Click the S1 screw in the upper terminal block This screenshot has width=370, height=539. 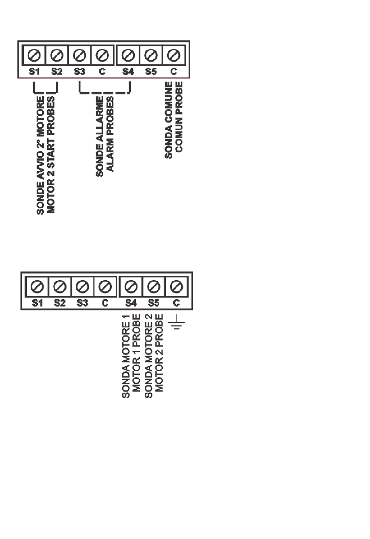click(x=34, y=55)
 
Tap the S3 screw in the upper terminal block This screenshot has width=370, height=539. click(x=79, y=55)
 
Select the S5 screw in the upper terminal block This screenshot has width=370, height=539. click(x=151, y=55)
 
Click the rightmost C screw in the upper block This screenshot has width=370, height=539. click(x=174, y=55)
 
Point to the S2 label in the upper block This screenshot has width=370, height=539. click(x=57, y=71)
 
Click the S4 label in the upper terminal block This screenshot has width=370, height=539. click(x=128, y=71)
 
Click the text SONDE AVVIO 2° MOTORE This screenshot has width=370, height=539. click(x=41, y=155)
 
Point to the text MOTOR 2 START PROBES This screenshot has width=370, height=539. click(x=51, y=155)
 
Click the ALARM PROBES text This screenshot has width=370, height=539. click(x=110, y=134)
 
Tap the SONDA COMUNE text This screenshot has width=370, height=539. click(x=169, y=120)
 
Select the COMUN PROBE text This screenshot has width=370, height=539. click(x=179, y=117)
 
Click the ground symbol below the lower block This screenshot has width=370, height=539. click(x=176, y=322)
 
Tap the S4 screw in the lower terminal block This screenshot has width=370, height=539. click(x=131, y=287)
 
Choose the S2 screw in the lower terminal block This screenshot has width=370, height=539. click(x=60, y=287)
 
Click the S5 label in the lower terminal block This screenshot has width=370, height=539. click(x=153, y=303)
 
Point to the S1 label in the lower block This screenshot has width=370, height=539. click(x=37, y=303)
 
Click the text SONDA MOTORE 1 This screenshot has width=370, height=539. click(x=126, y=356)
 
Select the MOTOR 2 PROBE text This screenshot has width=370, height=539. click(x=159, y=353)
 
